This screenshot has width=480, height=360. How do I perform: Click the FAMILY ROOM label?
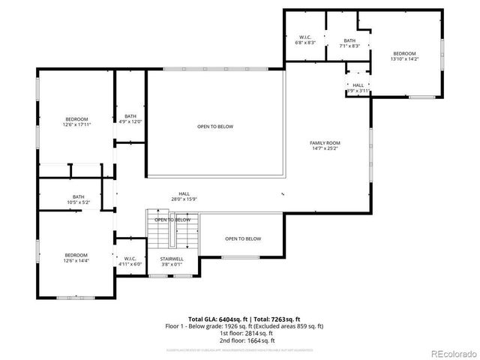(325, 142)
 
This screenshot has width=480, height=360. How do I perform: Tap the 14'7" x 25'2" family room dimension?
(325, 148)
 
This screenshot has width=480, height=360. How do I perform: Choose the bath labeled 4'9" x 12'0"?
(130, 118)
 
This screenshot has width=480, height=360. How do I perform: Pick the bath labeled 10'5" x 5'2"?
(78, 199)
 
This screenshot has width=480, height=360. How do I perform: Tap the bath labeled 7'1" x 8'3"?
(349, 43)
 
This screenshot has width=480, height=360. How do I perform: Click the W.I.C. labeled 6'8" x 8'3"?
(305, 40)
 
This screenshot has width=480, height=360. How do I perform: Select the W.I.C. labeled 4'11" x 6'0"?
(130, 262)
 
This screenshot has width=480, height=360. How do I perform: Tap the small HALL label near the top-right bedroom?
(358, 85)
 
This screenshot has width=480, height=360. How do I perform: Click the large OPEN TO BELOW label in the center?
(215, 126)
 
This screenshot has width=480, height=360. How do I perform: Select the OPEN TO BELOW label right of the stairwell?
(243, 238)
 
